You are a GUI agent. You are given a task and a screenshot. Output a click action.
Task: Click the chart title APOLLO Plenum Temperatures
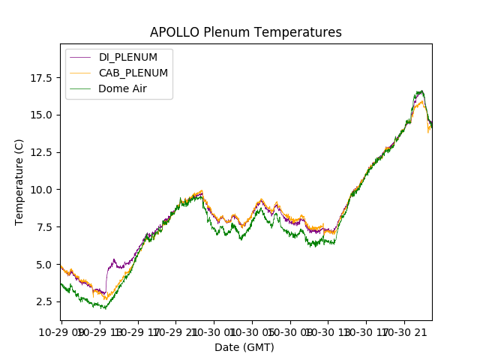245,32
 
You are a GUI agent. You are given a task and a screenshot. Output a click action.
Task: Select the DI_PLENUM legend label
128,58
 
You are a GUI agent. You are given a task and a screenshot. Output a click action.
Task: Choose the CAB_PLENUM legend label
133,73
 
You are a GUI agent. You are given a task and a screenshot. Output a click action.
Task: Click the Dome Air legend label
123,88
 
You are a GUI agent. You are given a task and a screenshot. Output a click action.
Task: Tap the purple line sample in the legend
80,58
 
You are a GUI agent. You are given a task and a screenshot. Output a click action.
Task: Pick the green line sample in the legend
80,88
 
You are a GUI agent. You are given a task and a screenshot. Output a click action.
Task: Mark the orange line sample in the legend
80,73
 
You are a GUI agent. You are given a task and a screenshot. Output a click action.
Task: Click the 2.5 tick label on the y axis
42,301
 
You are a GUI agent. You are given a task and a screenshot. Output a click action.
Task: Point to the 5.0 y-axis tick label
42,264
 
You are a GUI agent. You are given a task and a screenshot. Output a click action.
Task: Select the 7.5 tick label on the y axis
42,226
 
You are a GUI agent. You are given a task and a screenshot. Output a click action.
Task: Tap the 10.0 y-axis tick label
39,189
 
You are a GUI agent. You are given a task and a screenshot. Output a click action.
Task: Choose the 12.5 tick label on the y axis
39,152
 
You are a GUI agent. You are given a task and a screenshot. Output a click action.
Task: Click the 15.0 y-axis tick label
39,115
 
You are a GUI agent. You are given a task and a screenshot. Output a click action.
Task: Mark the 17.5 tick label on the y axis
39,77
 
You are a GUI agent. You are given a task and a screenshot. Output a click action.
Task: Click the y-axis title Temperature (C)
19,181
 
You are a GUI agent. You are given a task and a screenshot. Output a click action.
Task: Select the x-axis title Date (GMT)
244,347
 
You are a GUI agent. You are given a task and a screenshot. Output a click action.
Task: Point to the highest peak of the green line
421,91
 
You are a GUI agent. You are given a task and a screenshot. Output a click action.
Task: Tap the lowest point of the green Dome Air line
105,308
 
